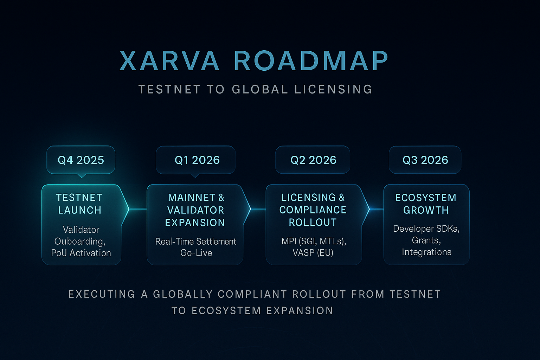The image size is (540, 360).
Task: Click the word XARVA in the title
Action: point(169,61)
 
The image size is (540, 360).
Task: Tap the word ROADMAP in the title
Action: point(311,61)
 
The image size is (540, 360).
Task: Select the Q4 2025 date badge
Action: point(81,160)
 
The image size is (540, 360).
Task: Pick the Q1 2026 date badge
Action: point(197,160)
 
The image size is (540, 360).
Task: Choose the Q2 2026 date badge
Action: point(313,160)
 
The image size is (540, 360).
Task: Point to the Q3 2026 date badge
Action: point(425,160)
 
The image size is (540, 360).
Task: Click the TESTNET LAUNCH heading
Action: point(79,204)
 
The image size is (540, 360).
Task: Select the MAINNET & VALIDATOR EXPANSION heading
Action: point(195,210)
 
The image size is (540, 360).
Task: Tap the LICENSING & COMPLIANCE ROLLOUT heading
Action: point(313,210)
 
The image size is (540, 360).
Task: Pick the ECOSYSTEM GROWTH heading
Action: point(426,204)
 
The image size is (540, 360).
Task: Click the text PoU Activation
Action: point(81,253)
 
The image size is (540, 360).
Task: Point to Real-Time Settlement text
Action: point(195,242)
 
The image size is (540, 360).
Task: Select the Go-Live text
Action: point(196,253)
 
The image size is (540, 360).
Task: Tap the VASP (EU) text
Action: point(313,253)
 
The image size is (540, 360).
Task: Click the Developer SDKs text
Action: point(426,229)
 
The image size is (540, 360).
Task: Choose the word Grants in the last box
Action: point(426,240)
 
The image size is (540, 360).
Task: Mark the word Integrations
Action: point(426,252)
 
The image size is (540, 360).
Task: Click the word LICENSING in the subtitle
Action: point(333,89)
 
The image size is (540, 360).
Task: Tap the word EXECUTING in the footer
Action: point(102,294)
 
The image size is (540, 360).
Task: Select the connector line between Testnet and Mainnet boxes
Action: point(138,209)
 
